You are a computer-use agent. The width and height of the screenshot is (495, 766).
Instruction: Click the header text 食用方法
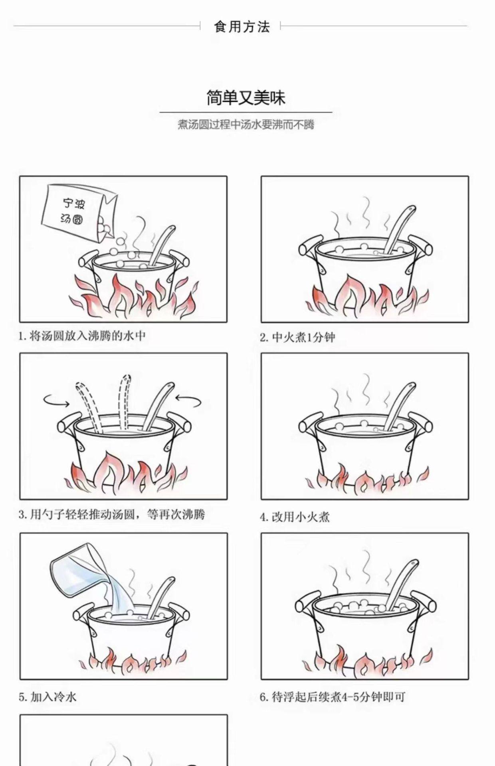pos(242,27)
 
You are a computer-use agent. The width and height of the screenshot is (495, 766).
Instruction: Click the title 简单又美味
pos(246,98)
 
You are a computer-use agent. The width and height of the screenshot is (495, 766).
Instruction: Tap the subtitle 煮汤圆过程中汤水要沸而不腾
pos(246,124)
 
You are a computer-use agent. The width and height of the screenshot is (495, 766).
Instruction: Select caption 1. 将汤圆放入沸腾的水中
pos(82,336)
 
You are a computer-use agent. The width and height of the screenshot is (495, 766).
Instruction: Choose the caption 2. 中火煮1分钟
pos(297,338)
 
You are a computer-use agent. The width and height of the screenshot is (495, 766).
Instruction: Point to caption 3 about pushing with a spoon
pos(112,514)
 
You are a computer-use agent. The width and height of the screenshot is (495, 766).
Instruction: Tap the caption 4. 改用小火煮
pos(295,517)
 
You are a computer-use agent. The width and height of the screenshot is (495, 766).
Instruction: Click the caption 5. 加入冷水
pos(48,697)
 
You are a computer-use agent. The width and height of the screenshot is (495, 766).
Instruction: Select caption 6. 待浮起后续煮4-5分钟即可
pos(332,697)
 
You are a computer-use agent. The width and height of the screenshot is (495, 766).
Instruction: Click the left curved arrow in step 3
pos(56,401)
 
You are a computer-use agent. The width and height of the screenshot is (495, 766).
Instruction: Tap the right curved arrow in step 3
pos(188,400)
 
